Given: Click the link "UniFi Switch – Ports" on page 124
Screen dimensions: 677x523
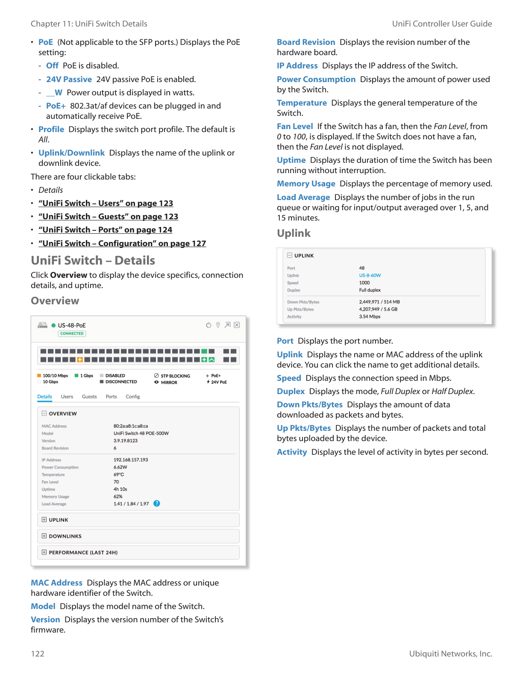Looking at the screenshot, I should point(105,230).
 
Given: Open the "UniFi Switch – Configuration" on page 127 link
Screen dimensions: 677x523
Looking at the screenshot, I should point(122,244).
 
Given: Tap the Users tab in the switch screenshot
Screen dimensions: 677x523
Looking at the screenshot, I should point(67,397).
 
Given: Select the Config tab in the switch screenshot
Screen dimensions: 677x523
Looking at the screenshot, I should point(133,397).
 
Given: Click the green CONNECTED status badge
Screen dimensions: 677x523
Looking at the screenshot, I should point(72,334).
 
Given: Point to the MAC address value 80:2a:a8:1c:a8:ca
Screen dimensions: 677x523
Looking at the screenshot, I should point(131,426).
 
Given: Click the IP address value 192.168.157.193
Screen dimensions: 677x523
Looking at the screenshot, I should point(131,460).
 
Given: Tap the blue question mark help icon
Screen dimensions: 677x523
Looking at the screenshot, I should point(157,503).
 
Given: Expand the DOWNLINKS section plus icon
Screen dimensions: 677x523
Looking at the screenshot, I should point(44,536).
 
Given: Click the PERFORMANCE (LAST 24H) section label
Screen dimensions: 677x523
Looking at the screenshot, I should point(83,553).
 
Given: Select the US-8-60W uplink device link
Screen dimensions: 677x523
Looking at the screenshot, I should point(370,276).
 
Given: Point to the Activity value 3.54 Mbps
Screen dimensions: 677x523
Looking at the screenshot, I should point(370,317).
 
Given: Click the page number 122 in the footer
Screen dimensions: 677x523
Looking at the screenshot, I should point(38,654).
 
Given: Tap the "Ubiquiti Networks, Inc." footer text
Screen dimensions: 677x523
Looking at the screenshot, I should point(450,654).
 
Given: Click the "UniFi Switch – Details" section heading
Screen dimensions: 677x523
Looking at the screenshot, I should point(93,261).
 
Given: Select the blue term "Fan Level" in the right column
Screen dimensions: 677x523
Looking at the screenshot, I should point(295,127).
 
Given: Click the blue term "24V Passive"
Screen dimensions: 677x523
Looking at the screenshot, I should point(69,79).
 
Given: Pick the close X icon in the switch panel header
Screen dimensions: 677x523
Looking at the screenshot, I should point(237,325).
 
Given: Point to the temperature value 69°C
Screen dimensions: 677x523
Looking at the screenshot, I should point(119,474).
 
